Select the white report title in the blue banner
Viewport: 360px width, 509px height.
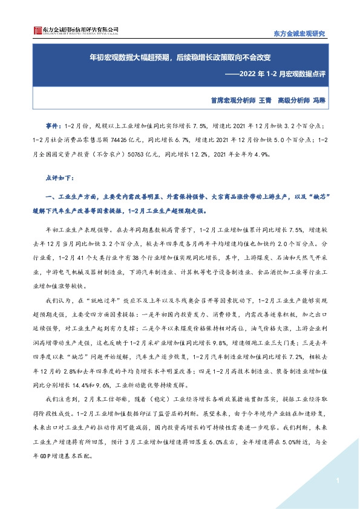pyautogui.click(x=179, y=59)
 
